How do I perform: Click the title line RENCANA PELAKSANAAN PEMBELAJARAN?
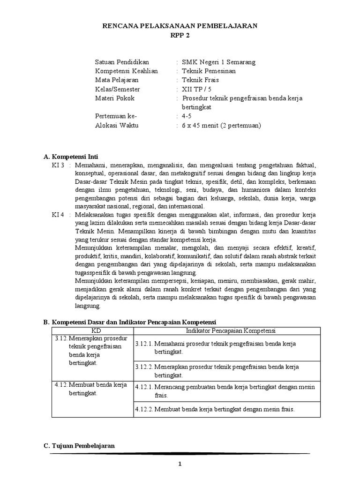point(180,26)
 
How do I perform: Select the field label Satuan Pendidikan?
point(122,62)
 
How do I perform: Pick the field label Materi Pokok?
point(114,98)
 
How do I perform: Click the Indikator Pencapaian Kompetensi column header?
point(230,330)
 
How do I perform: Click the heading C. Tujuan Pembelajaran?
point(79,445)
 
